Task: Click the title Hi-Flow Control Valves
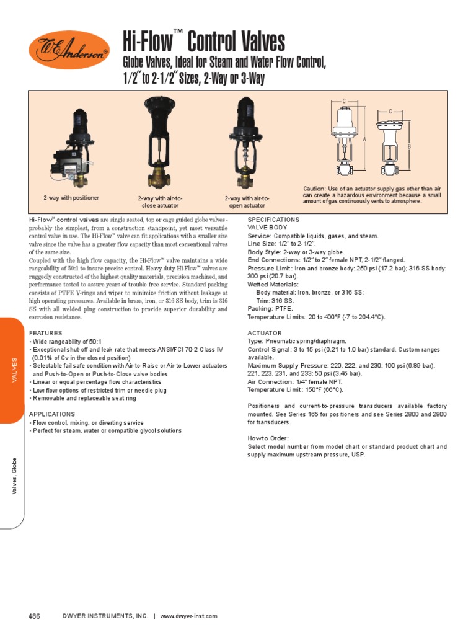click(205, 43)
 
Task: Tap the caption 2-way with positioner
click(71, 198)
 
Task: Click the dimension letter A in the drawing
click(365, 140)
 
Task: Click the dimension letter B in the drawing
click(409, 146)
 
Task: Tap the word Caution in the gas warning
click(314, 189)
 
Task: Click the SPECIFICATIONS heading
click(273, 220)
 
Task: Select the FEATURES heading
click(46, 333)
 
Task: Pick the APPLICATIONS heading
click(52, 414)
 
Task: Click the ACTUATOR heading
click(265, 333)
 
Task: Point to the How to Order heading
click(269, 438)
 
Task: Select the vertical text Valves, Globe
click(14, 476)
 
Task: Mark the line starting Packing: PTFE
click(270, 309)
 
